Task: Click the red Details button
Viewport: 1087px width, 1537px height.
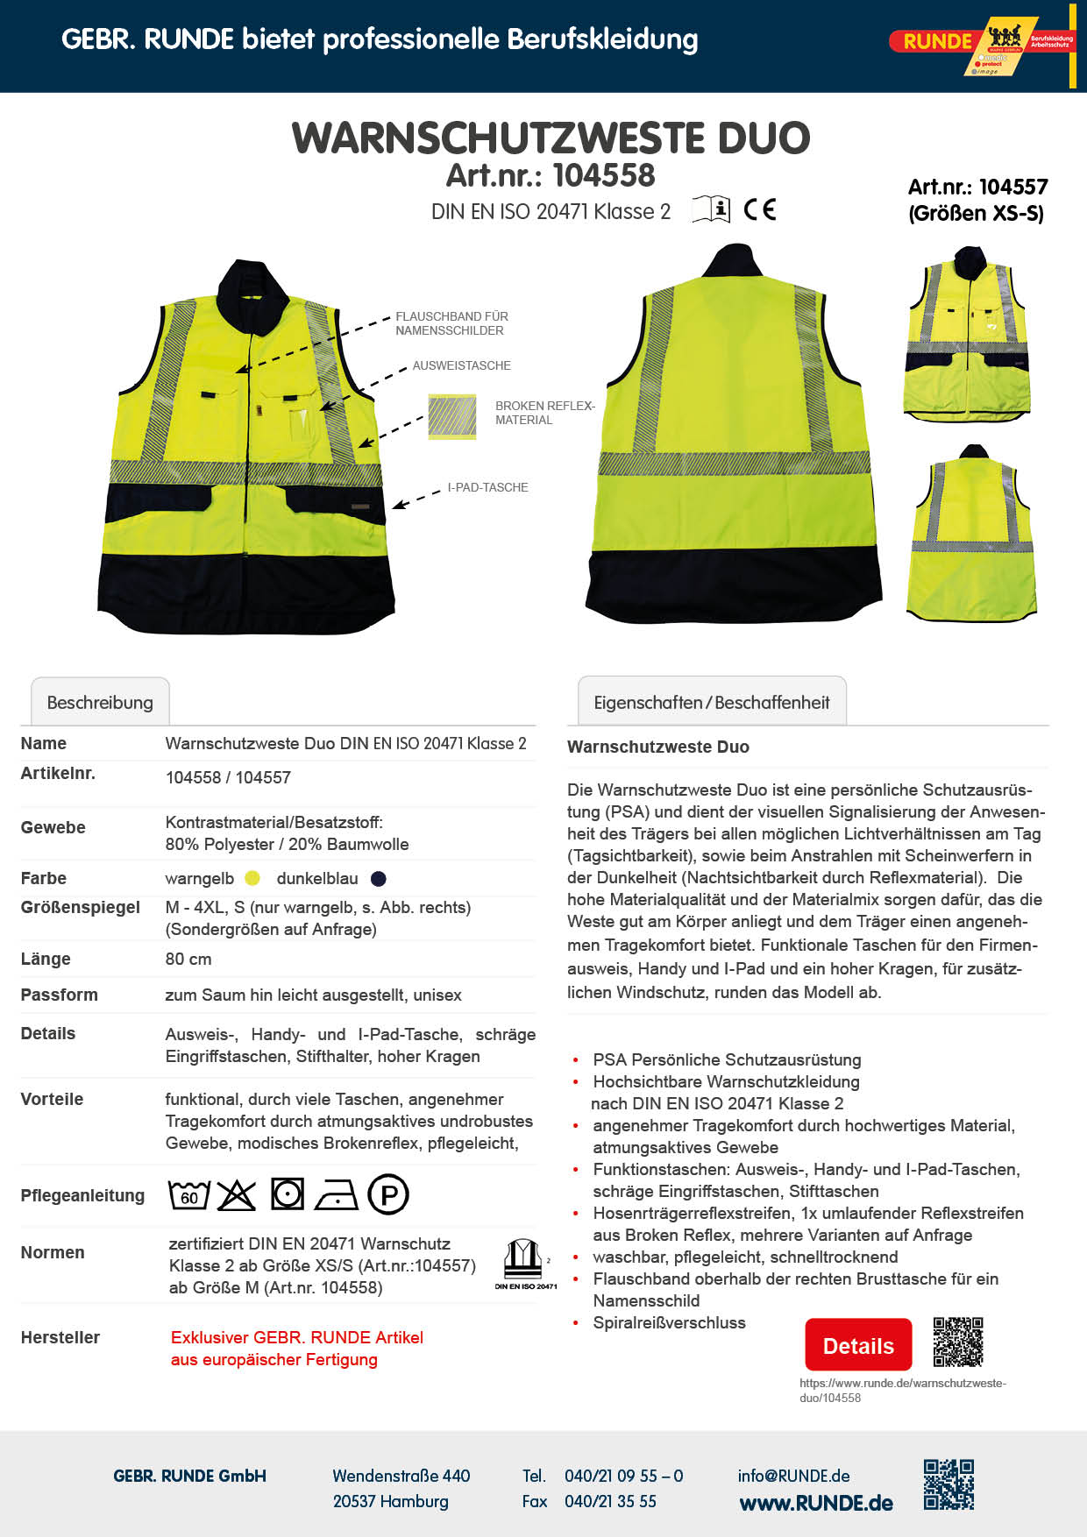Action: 858,1345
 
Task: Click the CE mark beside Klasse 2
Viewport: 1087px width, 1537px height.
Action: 760,209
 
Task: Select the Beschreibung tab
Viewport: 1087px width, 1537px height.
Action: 100,702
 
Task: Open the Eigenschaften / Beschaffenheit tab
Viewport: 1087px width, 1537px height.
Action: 711,702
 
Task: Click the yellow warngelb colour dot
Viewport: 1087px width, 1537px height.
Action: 252,878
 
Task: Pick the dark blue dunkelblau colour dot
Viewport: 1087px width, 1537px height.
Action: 379,878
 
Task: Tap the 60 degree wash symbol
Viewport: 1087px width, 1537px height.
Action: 189,1195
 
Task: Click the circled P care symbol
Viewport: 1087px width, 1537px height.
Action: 388,1194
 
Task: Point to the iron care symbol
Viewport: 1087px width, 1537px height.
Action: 337,1195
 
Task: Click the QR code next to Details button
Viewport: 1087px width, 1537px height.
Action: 957,1342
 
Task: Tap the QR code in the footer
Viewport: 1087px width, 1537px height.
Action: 948,1484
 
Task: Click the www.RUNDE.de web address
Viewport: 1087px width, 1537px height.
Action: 816,1504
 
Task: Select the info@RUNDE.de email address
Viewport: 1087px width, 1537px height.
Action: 793,1476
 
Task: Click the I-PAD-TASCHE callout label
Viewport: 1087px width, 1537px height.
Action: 487,487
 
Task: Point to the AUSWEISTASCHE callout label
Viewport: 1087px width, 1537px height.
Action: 461,365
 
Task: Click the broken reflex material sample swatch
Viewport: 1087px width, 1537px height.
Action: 452,416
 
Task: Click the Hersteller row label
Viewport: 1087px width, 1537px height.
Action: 60,1337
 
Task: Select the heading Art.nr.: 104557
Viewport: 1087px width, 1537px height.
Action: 977,187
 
